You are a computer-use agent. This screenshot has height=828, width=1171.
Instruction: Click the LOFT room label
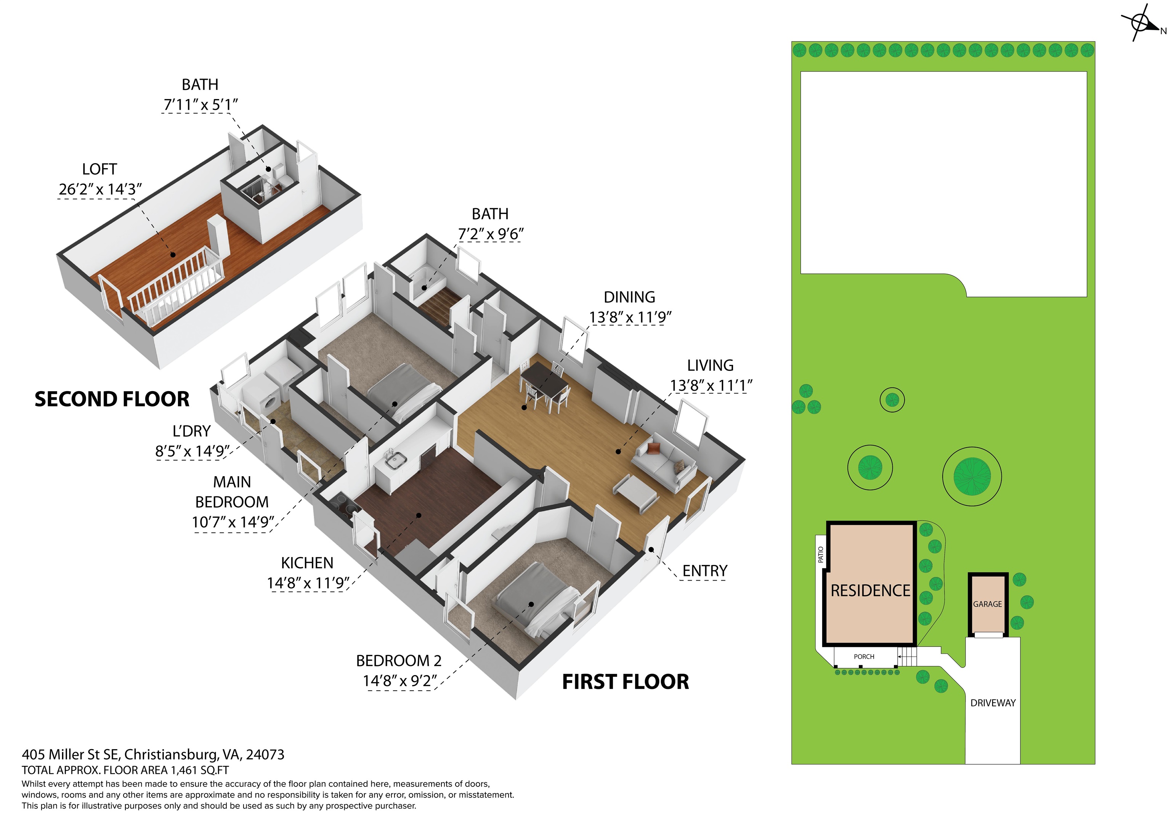(x=99, y=169)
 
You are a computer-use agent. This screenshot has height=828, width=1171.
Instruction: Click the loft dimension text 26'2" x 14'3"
(x=100, y=189)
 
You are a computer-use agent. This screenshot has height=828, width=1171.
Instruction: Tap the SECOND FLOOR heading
(x=112, y=399)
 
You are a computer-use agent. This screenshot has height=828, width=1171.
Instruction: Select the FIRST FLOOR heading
(x=625, y=682)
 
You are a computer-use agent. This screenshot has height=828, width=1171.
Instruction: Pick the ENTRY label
(x=705, y=571)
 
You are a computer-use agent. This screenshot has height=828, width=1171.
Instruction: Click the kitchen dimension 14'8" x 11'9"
(x=308, y=583)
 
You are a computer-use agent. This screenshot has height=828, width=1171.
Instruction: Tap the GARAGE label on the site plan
(x=987, y=604)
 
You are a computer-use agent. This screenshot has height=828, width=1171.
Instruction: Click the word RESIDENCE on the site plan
(x=870, y=591)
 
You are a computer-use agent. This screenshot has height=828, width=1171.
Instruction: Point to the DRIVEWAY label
(x=993, y=703)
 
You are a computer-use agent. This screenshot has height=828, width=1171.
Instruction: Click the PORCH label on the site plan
(x=864, y=656)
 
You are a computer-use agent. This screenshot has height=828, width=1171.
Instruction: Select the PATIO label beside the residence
(x=821, y=555)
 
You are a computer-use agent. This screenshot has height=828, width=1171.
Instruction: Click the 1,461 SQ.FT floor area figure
(x=199, y=770)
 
